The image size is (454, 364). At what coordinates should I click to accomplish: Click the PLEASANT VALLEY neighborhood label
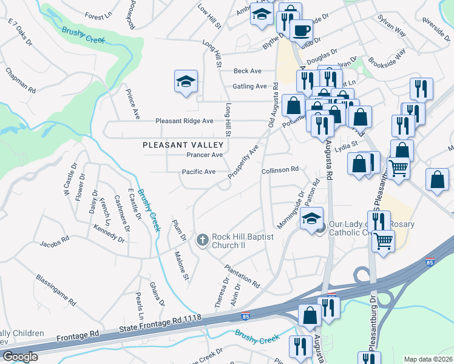point(183,145)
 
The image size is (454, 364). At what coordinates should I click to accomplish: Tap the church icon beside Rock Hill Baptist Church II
point(203,240)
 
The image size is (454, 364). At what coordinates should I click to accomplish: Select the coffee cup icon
point(301,30)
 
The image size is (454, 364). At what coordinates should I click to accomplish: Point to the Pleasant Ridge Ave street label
point(184,121)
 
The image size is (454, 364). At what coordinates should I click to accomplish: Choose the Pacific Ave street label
point(198,172)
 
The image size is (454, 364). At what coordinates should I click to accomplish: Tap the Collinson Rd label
point(280,170)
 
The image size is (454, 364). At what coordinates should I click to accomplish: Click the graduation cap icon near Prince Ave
point(186,83)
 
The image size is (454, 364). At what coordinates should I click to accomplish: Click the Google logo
point(20,357)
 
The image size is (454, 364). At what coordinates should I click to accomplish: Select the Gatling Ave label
point(250,86)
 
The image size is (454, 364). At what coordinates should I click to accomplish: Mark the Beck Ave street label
point(247,71)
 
